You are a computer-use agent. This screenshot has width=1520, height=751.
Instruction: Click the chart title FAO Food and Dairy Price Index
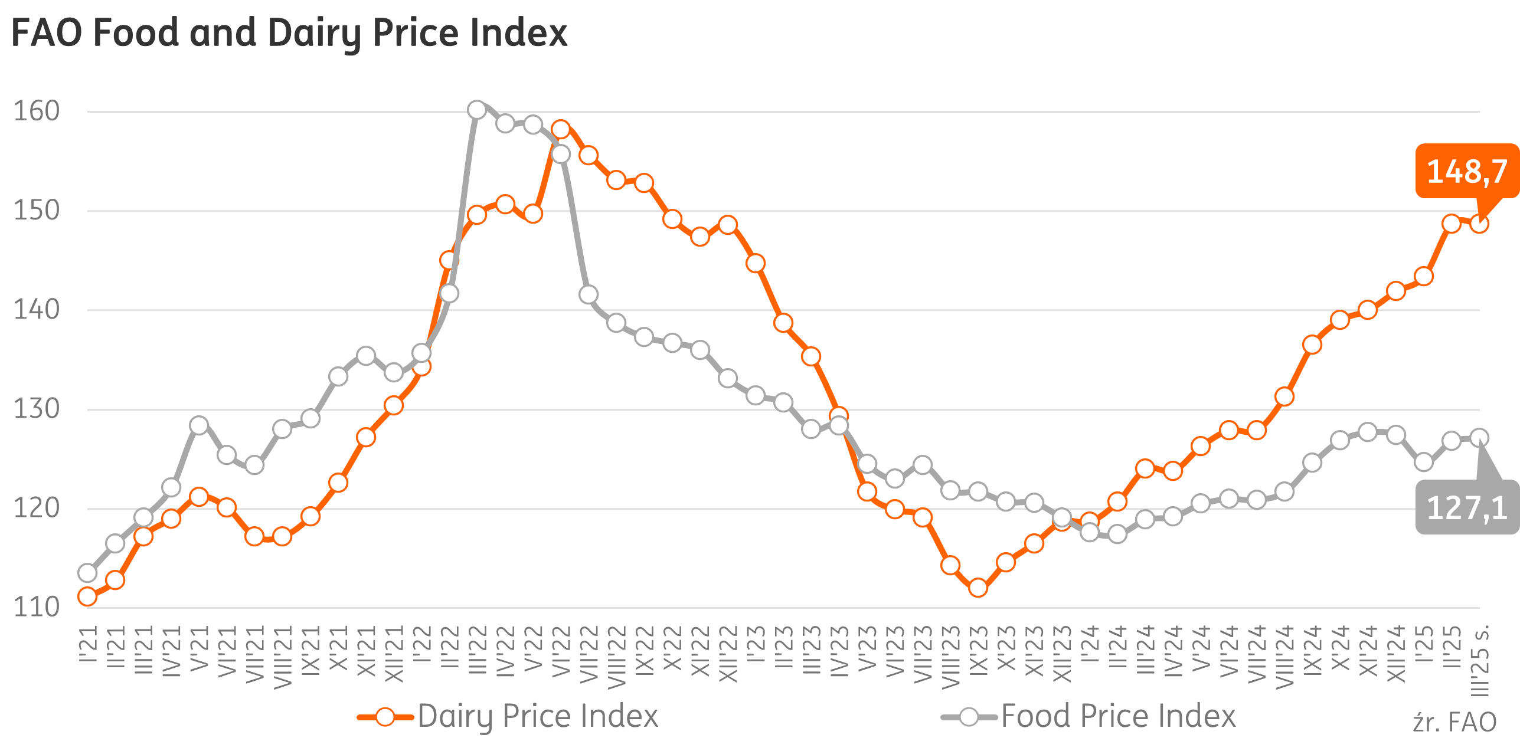coord(289,33)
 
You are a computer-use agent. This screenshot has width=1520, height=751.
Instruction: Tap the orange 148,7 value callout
coord(1467,171)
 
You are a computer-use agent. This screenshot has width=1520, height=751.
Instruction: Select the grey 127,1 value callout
coord(1467,507)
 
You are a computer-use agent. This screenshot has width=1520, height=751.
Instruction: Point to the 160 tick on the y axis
coord(37,111)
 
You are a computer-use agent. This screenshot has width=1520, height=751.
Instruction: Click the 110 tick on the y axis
coord(37,607)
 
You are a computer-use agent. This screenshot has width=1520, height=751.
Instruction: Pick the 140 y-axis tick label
coord(37,310)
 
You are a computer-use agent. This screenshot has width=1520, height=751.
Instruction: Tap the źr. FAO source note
coord(1454,722)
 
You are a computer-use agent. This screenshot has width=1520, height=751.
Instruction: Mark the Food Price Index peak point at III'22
coord(477,110)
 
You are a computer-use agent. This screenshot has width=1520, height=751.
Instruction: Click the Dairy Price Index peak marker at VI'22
coord(561,129)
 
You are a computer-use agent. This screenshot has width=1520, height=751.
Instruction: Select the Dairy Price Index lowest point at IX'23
coord(978,588)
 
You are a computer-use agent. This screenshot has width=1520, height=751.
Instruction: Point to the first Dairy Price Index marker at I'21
coord(87,596)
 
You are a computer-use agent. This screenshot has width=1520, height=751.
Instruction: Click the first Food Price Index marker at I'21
coord(87,573)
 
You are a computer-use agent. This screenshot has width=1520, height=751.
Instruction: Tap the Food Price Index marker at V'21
coord(199,425)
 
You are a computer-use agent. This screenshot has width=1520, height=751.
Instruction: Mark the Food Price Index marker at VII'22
coord(589,294)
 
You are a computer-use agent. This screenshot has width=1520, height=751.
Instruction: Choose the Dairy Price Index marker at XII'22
coord(728,225)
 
